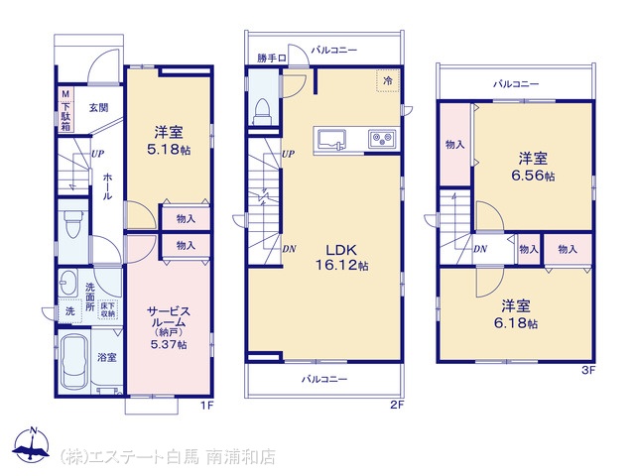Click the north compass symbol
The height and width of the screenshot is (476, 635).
click(31, 444)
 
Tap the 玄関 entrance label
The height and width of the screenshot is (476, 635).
click(98, 108)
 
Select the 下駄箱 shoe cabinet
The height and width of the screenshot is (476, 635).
click(65, 110)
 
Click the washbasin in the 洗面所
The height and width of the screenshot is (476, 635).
click(68, 282)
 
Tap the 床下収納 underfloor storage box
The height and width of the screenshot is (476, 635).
click(107, 309)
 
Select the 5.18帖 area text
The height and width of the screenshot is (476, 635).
click(169, 150)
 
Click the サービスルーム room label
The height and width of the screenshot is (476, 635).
click(169, 317)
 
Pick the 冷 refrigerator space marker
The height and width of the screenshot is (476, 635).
click(388, 80)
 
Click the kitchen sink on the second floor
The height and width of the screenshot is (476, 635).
click(331, 140)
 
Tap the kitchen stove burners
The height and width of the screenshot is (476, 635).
click(382, 139)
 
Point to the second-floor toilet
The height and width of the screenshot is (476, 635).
click(262, 112)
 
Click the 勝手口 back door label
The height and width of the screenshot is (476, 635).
click(272, 58)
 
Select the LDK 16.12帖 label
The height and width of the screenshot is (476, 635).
click(341, 257)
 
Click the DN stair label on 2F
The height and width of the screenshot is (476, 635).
click(289, 249)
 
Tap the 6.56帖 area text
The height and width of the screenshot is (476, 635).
click(533, 177)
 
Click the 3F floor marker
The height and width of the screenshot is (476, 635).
click(588, 370)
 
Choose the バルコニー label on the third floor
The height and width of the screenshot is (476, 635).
click(516, 84)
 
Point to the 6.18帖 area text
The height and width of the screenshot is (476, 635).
click(516, 323)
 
